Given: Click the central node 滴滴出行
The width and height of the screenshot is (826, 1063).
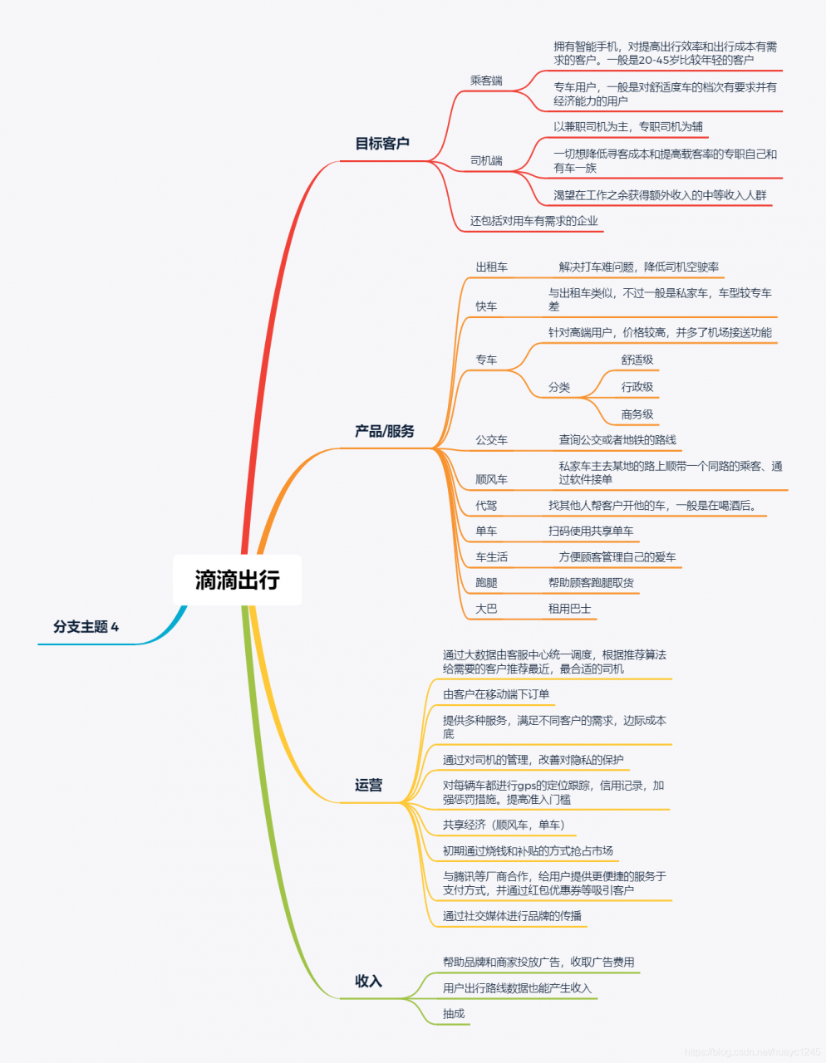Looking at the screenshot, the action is (238, 580).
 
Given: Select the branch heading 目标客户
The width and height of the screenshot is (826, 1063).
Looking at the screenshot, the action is (382, 144).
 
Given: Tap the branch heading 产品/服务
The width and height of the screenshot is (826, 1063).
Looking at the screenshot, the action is (385, 431).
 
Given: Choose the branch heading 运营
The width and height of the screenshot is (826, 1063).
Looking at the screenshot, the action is (368, 785).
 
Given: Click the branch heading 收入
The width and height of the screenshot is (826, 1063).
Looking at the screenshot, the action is (368, 981).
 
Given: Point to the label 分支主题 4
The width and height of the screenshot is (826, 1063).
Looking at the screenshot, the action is (86, 627).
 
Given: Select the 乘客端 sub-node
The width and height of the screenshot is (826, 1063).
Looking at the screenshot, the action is (486, 81).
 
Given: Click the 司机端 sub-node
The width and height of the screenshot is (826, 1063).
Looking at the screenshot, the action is (486, 160).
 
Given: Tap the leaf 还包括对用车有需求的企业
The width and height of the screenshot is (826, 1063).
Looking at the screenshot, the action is (533, 221).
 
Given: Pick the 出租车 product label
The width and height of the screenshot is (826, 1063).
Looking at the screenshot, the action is (492, 267).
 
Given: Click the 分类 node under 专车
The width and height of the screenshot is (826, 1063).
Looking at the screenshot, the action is (558, 388).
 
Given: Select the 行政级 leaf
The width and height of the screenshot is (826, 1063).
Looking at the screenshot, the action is (637, 387).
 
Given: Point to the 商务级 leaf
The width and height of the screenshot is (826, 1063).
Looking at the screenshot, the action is (637, 414).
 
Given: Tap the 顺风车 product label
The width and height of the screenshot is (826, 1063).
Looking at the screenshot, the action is (492, 479).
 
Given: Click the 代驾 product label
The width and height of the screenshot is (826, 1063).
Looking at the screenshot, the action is (486, 505).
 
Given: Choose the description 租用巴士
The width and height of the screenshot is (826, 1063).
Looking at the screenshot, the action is (569, 609).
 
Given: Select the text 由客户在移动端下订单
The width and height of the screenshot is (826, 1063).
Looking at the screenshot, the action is (496, 694).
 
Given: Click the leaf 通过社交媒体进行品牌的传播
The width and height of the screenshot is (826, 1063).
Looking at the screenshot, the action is (513, 916).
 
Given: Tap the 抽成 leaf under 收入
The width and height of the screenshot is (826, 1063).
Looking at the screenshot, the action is (454, 1014).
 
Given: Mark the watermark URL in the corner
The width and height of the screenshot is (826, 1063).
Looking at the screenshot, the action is (753, 1051).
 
